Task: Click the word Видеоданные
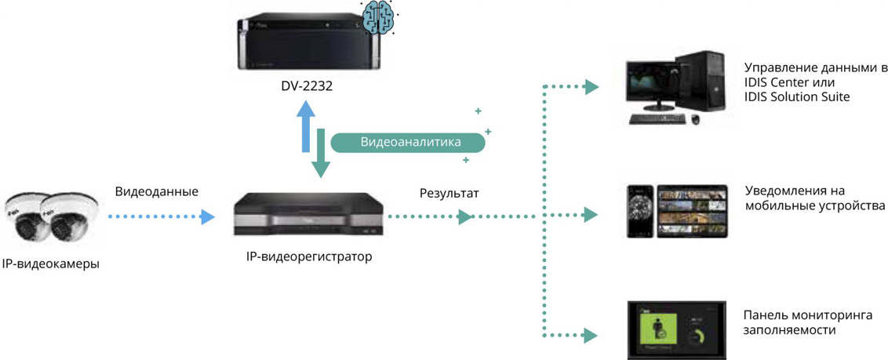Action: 156,191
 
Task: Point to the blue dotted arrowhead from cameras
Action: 207,217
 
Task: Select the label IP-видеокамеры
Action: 51,264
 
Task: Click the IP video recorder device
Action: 309,213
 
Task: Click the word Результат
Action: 449,192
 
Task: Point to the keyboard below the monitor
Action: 657,118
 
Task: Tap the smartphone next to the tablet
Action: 639,211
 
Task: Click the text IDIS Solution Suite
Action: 797,96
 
